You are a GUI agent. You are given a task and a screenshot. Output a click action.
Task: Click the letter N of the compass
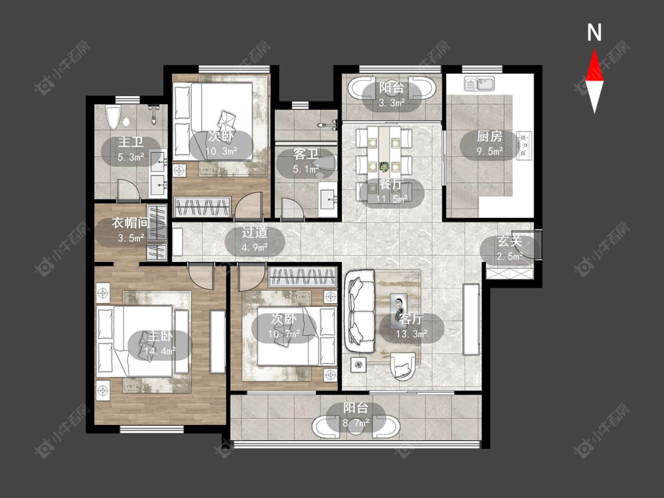[x=594, y=32]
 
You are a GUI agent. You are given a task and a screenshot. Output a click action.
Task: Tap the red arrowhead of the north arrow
[x=594, y=65]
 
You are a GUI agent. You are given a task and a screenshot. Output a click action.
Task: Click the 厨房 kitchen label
[x=489, y=136]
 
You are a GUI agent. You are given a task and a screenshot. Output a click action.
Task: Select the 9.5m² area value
[x=490, y=150]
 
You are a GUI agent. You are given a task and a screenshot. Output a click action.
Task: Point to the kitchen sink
[x=480, y=83]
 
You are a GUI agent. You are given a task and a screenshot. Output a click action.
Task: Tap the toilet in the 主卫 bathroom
[x=113, y=117]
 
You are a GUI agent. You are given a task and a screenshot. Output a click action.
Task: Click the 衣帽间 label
[x=130, y=223]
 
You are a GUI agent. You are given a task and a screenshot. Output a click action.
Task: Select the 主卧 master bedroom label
[x=160, y=337]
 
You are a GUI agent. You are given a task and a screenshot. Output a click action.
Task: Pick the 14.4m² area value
[x=160, y=351]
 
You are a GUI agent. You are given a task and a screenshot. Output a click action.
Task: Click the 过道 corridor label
[x=254, y=232]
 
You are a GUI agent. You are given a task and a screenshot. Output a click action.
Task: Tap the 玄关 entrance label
[x=509, y=241]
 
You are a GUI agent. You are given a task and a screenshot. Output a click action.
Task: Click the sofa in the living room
[x=361, y=312]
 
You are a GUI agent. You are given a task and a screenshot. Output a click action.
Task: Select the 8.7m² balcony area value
[x=356, y=422]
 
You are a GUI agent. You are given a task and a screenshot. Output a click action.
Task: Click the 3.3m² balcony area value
[x=392, y=102]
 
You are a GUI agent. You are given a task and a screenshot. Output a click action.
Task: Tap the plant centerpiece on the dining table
[x=384, y=166]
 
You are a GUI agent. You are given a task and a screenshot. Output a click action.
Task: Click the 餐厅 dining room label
[x=391, y=184]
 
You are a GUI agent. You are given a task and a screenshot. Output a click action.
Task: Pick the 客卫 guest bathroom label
[x=306, y=154]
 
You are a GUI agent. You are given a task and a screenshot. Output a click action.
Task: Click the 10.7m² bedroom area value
[x=284, y=334]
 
